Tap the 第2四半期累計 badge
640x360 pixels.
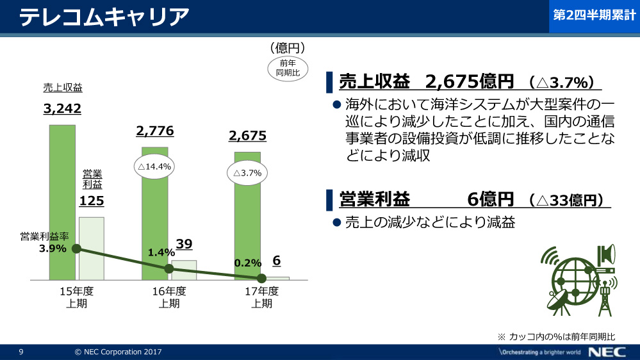593,17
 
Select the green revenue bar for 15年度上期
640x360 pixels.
62,202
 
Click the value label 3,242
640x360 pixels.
62,109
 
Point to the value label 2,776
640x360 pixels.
155,131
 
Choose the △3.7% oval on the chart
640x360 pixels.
247,173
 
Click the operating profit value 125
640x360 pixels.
91,202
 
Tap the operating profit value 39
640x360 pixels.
184,244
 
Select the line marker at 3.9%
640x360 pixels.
76,249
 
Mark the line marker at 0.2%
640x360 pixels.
261,278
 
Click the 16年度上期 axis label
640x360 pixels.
168,297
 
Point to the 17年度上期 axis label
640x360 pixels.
261,297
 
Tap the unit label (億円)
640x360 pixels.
286,48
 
